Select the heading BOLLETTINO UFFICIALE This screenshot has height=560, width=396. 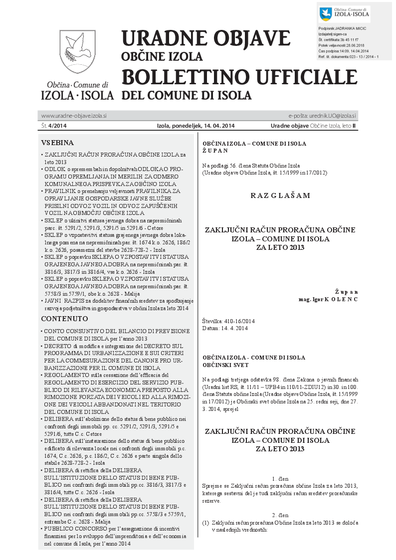tap(239, 77)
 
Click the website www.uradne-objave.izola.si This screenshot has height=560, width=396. tap(74, 115)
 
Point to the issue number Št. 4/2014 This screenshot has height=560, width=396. tap(54, 125)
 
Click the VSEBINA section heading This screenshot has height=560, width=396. tap(57, 142)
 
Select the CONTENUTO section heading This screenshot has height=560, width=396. tap(64, 318)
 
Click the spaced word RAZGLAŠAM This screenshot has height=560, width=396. tap(280, 195)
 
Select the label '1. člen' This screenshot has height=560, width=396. tap(280, 478)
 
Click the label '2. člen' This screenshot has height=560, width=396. tap(280, 514)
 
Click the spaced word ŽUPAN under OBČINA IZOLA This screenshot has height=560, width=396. tap(215, 150)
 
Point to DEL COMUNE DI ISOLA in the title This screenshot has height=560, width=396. tap(187, 95)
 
